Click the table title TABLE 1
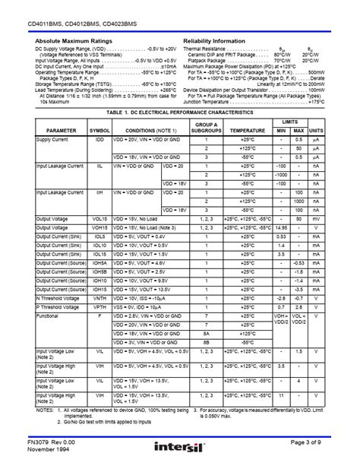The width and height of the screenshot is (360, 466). tap(179, 112)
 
